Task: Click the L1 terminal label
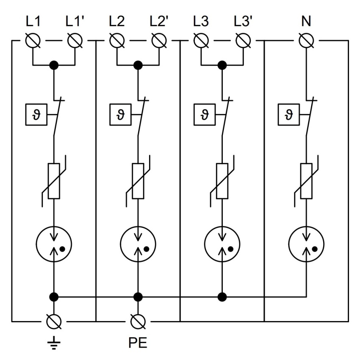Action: (x=33, y=21)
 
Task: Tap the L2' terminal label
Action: (x=159, y=21)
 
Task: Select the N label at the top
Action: (x=306, y=21)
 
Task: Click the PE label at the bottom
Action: (x=138, y=343)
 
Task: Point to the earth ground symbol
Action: (x=54, y=343)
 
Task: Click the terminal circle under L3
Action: (x=201, y=41)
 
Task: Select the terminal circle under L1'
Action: (x=75, y=41)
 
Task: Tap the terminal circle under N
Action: (x=306, y=41)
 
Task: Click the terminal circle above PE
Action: (x=138, y=321)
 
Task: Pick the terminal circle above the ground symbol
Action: (x=54, y=321)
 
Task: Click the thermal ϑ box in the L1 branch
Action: (x=36, y=115)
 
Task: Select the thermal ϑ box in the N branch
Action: (x=288, y=115)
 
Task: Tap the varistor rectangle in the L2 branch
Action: (x=138, y=181)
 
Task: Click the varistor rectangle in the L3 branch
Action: (x=222, y=181)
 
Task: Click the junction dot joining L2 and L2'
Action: (x=138, y=65)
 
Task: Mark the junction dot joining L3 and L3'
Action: (x=222, y=65)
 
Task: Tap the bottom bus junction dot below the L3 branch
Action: (x=222, y=297)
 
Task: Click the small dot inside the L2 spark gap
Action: (x=147, y=249)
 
